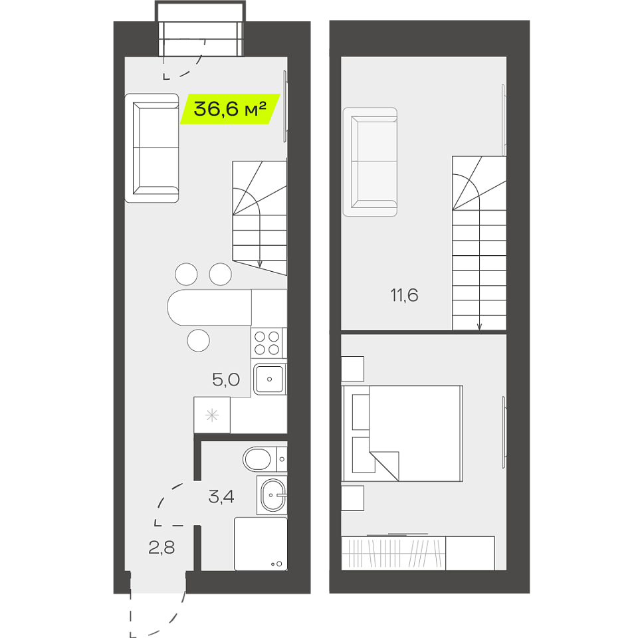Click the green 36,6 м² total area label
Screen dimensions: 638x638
coord(230,108)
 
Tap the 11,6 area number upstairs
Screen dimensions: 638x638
coord(404,295)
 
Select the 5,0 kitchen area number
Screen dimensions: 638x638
coord(226,379)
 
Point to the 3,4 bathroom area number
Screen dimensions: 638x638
coord(221,497)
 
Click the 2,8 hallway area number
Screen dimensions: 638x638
coord(161,548)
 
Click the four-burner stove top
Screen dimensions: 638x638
coord(267,343)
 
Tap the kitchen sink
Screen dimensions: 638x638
coord(269,379)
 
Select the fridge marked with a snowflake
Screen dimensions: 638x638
coord(212,415)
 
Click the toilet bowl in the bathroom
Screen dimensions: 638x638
coord(257,459)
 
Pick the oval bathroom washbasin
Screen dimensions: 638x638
coord(272,495)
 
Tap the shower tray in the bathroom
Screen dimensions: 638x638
coord(261,544)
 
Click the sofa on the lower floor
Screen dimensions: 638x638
coord(152,148)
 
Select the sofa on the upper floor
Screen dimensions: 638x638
coord(370,162)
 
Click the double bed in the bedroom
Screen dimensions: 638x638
coord(403,434)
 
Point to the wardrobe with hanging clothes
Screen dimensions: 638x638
coord(393,554)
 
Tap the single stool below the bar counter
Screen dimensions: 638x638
coord(199,340)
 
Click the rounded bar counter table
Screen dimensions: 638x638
coord(209,307)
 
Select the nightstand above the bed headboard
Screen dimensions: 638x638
coord(352,369)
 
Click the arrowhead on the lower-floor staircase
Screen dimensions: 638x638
coord(260,264)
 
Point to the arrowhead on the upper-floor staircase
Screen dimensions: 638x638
coord(479,326)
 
